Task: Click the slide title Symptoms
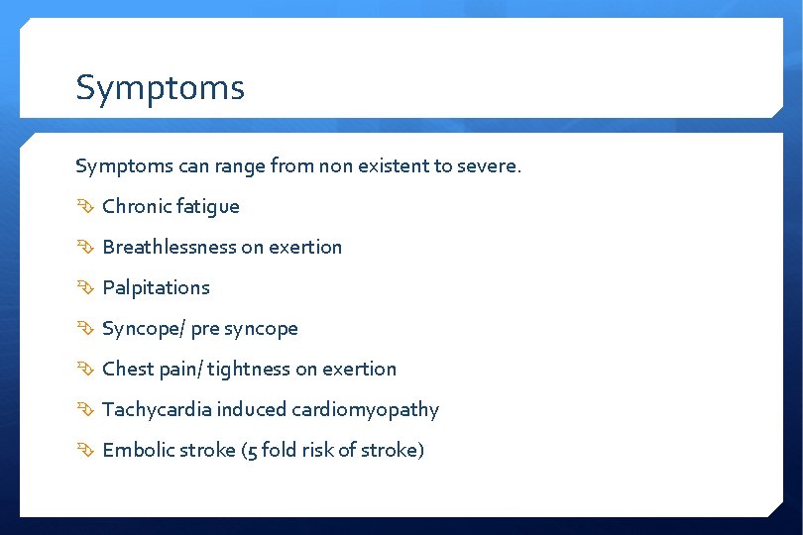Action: tap(160, 88)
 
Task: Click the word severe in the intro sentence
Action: tap(488, 165)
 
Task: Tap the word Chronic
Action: tap(137, 206)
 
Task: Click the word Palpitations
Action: tap(156, 287)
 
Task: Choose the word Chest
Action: tap(128, 369)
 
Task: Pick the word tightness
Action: tap(249, 369)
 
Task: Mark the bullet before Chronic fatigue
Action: tap(84, 206)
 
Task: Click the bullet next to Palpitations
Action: tap(84, 287)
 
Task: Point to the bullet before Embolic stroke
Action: tap(84, 450)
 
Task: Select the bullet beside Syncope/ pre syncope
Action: tap(84, 328)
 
